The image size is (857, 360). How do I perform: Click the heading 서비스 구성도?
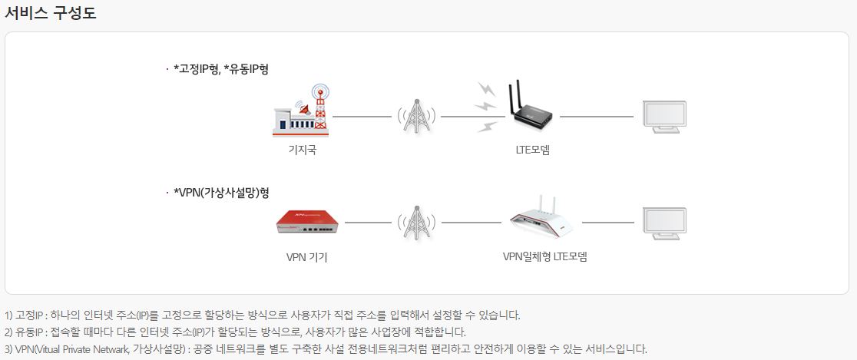click(51, 13)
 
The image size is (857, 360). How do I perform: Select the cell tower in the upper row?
click(415, 115)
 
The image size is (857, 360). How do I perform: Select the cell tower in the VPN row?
click(415, 222)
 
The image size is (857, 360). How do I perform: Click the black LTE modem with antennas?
click(529, 111)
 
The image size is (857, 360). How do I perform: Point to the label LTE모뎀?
click(532, 150)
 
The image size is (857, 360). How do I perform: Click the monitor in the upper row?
click(663, 117)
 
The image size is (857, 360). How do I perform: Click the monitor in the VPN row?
click(663, 223)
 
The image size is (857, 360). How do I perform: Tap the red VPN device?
click(306, 222)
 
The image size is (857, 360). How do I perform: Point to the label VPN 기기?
click(306, 256)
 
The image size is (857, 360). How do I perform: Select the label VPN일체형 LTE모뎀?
click(545, 256)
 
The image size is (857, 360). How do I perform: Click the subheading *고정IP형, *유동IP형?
click(220, 69)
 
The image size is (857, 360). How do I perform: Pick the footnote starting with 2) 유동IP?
click(235, 332)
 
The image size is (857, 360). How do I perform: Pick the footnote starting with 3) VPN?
click(326, 348)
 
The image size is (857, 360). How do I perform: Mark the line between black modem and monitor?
click(596, 117)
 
